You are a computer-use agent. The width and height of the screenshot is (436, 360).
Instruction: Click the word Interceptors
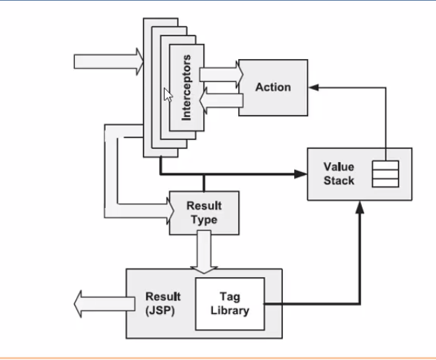point(186,86)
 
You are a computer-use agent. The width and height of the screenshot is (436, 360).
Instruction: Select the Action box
point(273,87)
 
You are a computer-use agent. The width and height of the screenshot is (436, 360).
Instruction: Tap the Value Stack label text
point(338,174)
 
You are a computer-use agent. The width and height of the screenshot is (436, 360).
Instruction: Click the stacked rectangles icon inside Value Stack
point(385,174)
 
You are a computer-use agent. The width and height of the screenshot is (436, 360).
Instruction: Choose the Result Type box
point(204,212)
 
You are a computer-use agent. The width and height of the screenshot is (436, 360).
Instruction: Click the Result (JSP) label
point(163,303)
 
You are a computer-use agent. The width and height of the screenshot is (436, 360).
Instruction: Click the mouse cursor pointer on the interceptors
point(167,94)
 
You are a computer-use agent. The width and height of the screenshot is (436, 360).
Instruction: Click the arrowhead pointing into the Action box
point(314,87)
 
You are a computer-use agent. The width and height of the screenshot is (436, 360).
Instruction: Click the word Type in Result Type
point(204,220)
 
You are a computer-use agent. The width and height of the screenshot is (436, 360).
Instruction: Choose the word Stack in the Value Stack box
point(338,180)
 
